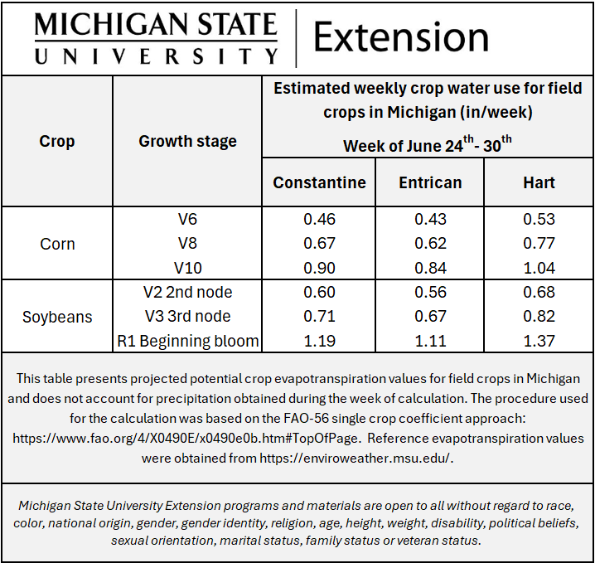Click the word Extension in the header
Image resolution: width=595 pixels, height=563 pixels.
point(401,37)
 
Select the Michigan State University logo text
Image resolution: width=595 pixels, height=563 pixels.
point(156,37)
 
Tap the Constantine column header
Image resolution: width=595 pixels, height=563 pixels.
point(319,182)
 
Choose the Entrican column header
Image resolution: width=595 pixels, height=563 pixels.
point(430,182)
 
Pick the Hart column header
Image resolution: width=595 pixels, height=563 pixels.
point(539,182)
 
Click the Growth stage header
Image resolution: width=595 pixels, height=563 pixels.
point(187,141)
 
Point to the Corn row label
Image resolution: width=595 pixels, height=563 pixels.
point(57,244)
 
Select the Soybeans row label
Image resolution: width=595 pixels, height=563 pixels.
point(57,317)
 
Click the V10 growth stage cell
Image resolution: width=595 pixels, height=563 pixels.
point(188,268)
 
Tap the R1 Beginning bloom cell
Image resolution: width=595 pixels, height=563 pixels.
point(188,341)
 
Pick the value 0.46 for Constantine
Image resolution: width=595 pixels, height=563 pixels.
point(319,220)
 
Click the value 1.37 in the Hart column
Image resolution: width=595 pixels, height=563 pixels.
point(539,341)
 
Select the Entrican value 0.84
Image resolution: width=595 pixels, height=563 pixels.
point(430,268)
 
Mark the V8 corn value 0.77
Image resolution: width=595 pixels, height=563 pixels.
point(539,244)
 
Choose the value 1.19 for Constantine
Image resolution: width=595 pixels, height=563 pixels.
point(319,341)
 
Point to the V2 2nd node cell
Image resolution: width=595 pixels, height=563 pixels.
point(188,292)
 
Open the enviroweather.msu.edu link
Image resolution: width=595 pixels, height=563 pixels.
point(356,457)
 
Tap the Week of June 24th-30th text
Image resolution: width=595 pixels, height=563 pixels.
point(428,146)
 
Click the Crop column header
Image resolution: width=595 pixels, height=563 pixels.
point(57,141)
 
